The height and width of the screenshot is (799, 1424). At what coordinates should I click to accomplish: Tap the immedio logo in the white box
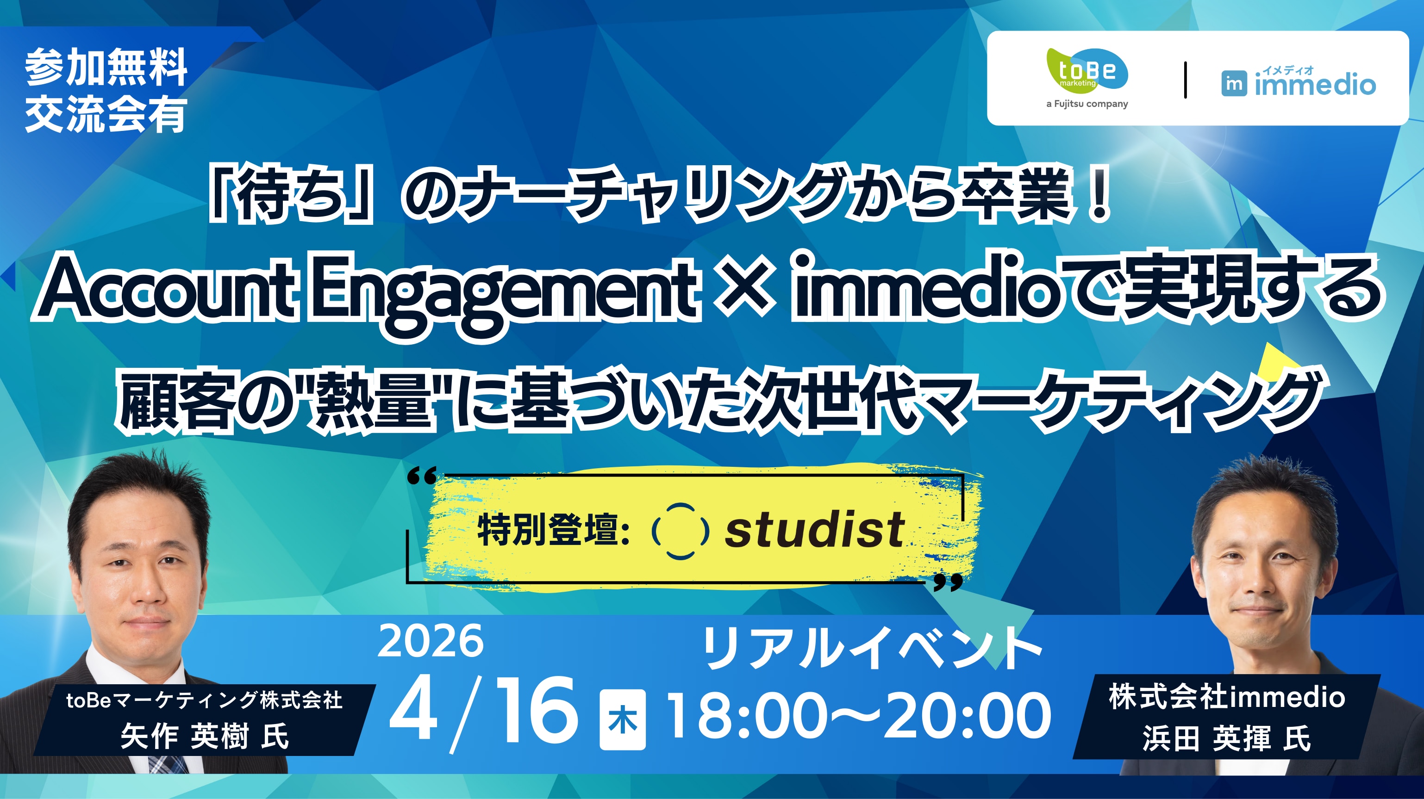point(1299,82)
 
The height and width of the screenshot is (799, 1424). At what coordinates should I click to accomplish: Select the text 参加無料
point(106,68)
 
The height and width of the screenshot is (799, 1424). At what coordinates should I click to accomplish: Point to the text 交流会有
point(106,115)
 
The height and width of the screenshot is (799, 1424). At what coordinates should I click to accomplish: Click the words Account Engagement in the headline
point(366,291)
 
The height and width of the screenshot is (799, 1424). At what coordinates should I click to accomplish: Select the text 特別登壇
point(553,530)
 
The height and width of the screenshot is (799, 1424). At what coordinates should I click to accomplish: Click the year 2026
point(430,641)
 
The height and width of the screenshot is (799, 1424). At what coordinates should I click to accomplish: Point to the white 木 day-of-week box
point(623,719)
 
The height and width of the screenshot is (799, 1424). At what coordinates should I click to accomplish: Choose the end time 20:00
point(968,716)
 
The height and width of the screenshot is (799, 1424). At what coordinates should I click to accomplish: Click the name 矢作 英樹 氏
point(205,737)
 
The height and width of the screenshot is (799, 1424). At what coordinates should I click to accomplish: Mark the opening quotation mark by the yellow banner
point(422,475)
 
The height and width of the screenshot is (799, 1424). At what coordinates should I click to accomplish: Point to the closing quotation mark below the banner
point(948,582)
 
